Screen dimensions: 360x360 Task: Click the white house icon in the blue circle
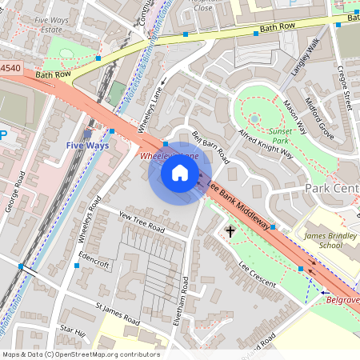point(180,173)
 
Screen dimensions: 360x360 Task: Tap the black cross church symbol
point(231,232)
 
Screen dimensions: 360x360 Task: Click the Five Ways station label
point(86,145)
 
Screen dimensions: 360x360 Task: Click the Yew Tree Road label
point(141,222)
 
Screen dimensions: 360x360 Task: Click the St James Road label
point(117,314)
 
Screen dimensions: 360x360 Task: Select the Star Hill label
point(72,330)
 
